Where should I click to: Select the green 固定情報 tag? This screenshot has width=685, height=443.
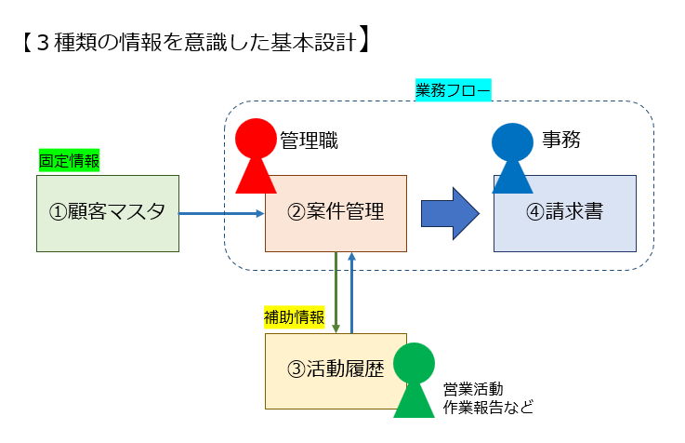point(69,160)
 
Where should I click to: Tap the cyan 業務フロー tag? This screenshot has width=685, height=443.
point(453,90)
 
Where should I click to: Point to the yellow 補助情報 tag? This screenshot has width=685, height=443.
point(295,318)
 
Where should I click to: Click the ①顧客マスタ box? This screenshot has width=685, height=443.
point(107,213)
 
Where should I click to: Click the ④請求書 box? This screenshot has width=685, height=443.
point(564,213)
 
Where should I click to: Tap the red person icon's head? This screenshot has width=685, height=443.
point(256,139)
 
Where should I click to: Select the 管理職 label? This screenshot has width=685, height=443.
point(309,141)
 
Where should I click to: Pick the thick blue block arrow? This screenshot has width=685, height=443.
point(450,213)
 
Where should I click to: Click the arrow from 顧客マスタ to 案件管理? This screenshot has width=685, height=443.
point(222,213)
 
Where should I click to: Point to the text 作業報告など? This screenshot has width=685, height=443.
point(488,407)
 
